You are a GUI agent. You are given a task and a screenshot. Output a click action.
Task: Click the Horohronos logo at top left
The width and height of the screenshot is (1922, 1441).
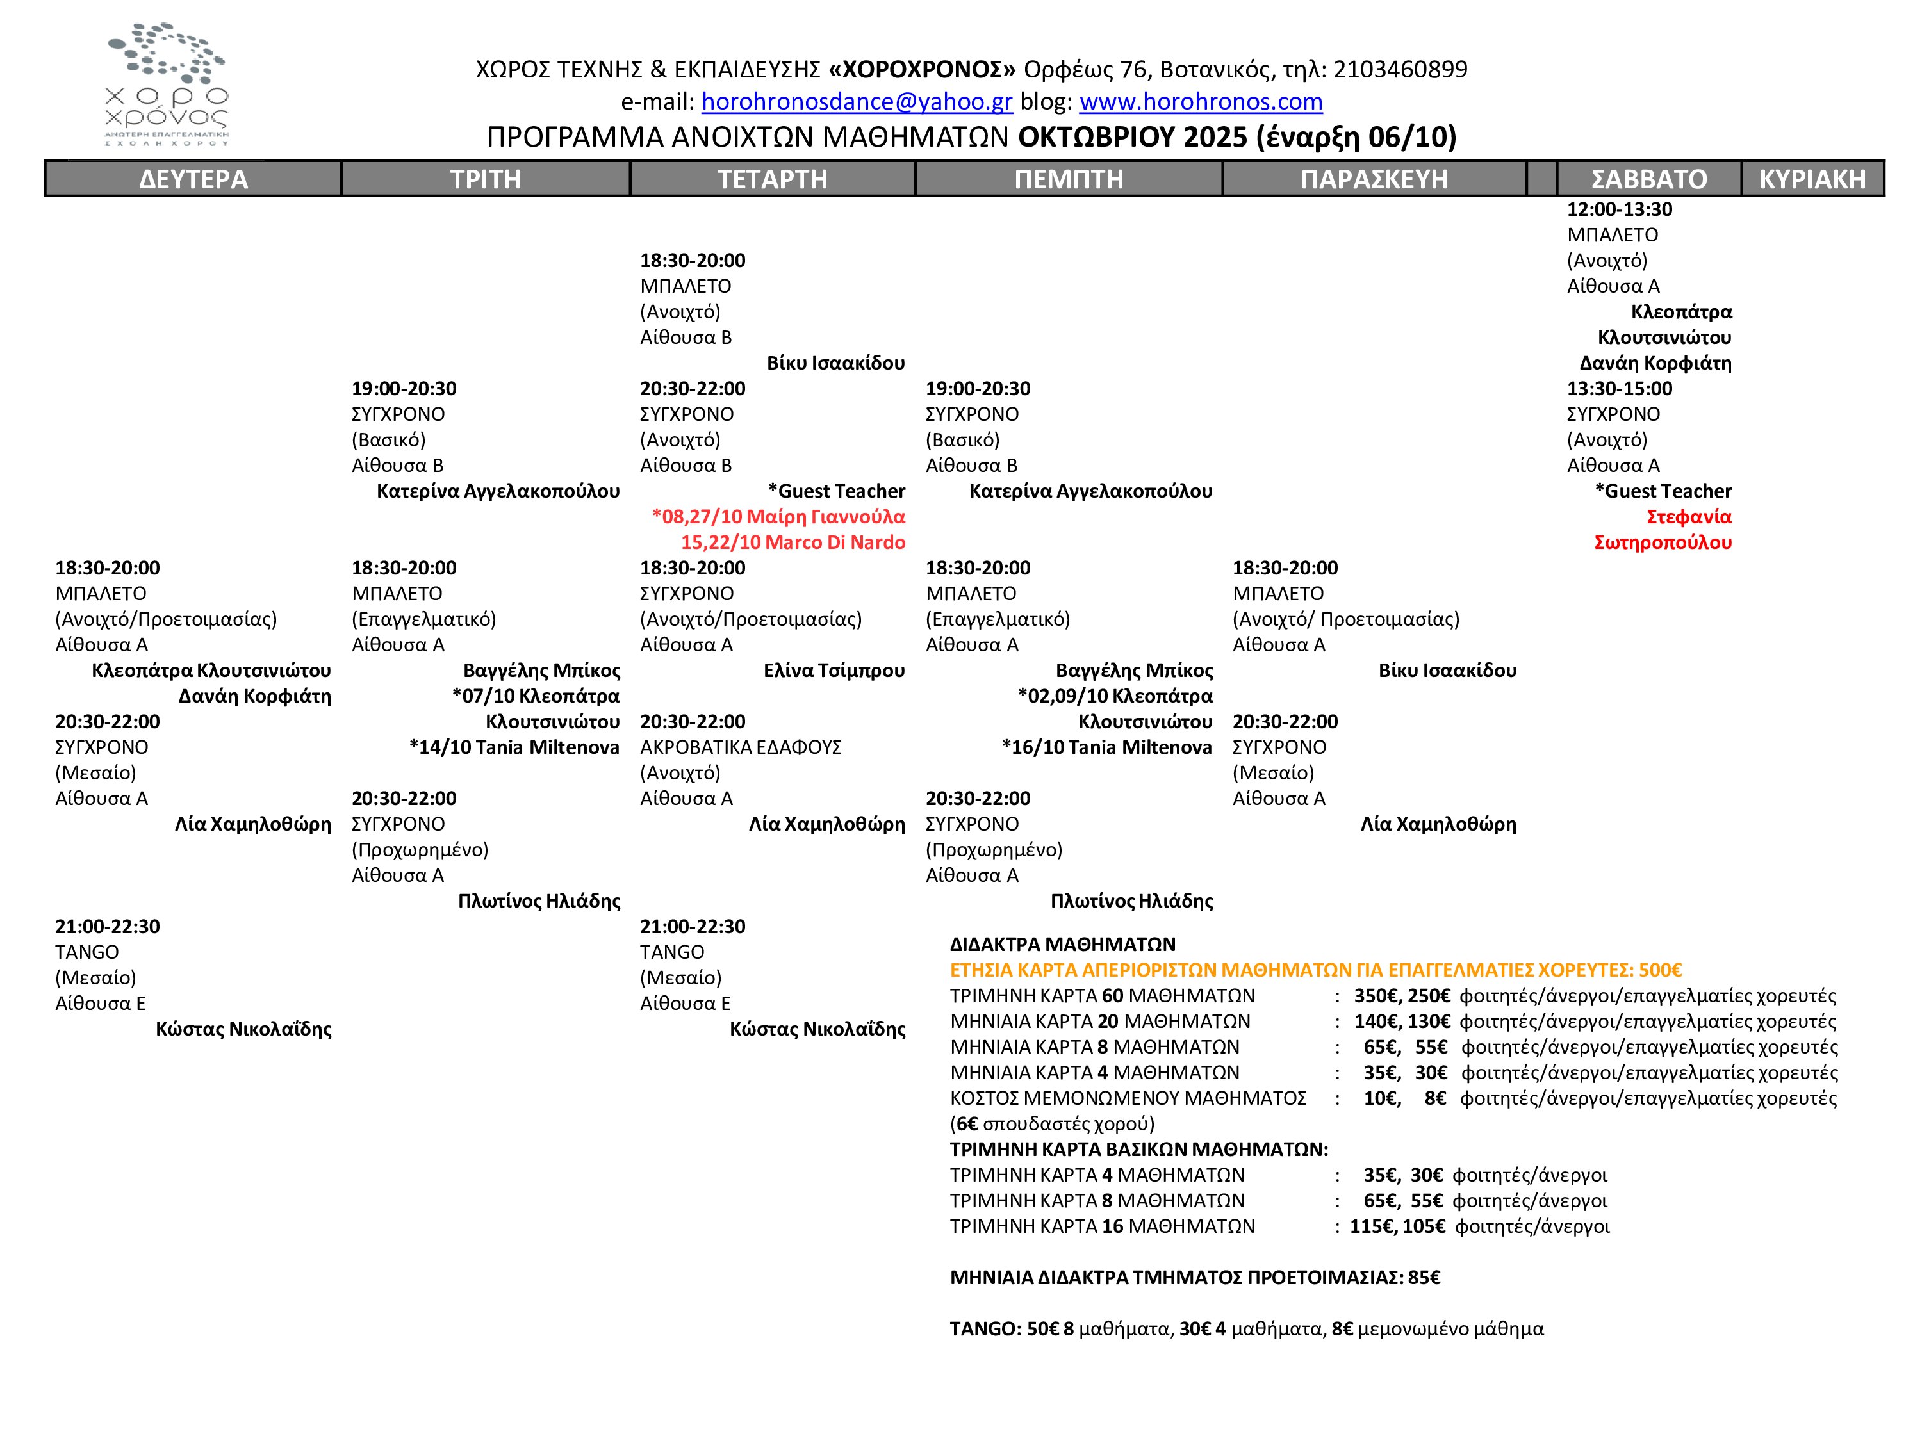[167, 85]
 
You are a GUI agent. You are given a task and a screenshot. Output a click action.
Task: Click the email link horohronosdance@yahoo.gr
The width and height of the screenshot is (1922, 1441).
[857, 102]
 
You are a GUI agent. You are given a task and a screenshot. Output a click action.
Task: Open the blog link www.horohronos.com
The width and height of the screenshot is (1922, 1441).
[1200, 102]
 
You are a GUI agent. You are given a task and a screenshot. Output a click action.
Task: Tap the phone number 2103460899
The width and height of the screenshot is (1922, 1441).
[1400, 69]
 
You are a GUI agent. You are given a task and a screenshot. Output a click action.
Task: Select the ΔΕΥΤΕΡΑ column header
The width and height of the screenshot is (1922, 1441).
[193, 179]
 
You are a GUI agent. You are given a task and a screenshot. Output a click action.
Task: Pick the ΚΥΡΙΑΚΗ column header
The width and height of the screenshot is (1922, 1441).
[1812, 179]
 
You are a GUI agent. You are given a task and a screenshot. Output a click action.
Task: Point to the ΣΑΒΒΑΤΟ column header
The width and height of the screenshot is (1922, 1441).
[1648, 179]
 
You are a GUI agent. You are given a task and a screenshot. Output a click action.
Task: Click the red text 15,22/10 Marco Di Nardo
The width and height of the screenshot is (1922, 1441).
[793, 542]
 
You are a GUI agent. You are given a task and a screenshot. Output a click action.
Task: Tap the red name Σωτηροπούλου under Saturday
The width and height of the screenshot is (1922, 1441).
[1662, 542]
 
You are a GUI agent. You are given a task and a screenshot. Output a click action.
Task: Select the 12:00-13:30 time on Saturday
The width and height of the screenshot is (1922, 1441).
[1619, 209]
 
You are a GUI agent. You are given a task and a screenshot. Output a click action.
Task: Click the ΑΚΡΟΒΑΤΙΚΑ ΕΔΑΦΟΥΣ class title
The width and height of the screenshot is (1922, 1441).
[741, 747]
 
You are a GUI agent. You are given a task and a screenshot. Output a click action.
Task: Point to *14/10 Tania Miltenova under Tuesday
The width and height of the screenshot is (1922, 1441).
[514, 747]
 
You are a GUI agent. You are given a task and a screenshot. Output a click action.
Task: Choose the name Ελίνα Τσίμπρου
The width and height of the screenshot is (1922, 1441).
[834, 671]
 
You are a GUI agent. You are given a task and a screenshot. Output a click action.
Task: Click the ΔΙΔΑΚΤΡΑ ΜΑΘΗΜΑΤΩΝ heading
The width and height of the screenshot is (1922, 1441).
[1062, 944]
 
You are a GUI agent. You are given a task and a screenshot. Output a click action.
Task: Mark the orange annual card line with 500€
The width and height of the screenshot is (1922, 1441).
[1315, 970]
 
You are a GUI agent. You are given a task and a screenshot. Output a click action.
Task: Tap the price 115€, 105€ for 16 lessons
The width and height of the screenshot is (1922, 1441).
[1397, 1226]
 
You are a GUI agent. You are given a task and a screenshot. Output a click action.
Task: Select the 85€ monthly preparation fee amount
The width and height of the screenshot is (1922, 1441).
[1424, 1277]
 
